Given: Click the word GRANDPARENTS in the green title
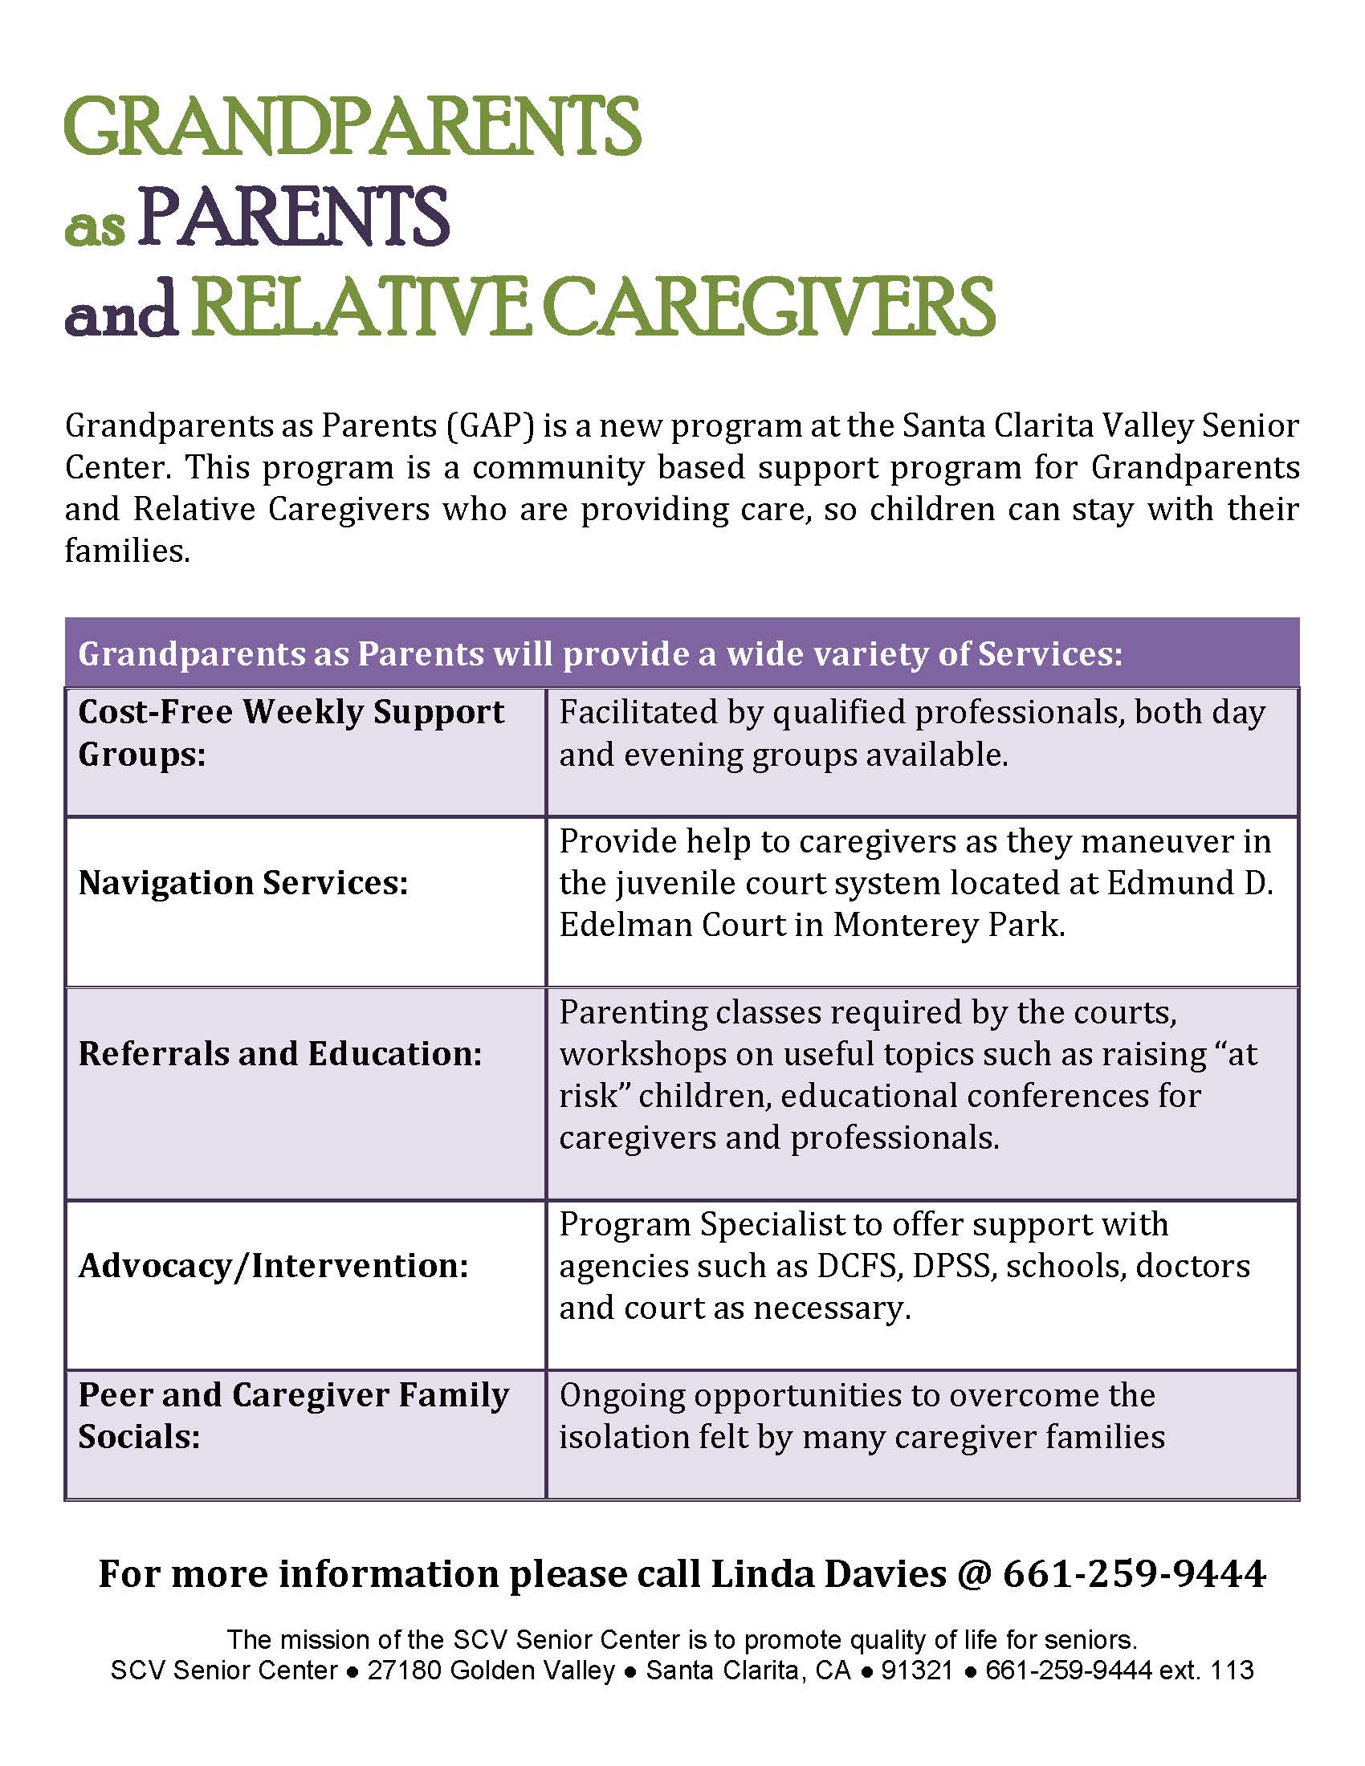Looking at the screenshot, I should (x=352, y=127).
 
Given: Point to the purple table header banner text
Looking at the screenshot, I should (x=600, y=653).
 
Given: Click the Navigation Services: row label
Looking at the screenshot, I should (x=243, y=882).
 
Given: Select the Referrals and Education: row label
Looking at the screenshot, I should (x=279, y=1053).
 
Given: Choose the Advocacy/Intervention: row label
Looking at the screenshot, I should (x=273, y=1265).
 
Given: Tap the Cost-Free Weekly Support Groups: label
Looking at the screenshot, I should (x=291, y=733).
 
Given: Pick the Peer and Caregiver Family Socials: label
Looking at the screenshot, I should (x=294, y=1416).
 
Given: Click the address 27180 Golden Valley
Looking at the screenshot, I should (x=491, y=1670).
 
